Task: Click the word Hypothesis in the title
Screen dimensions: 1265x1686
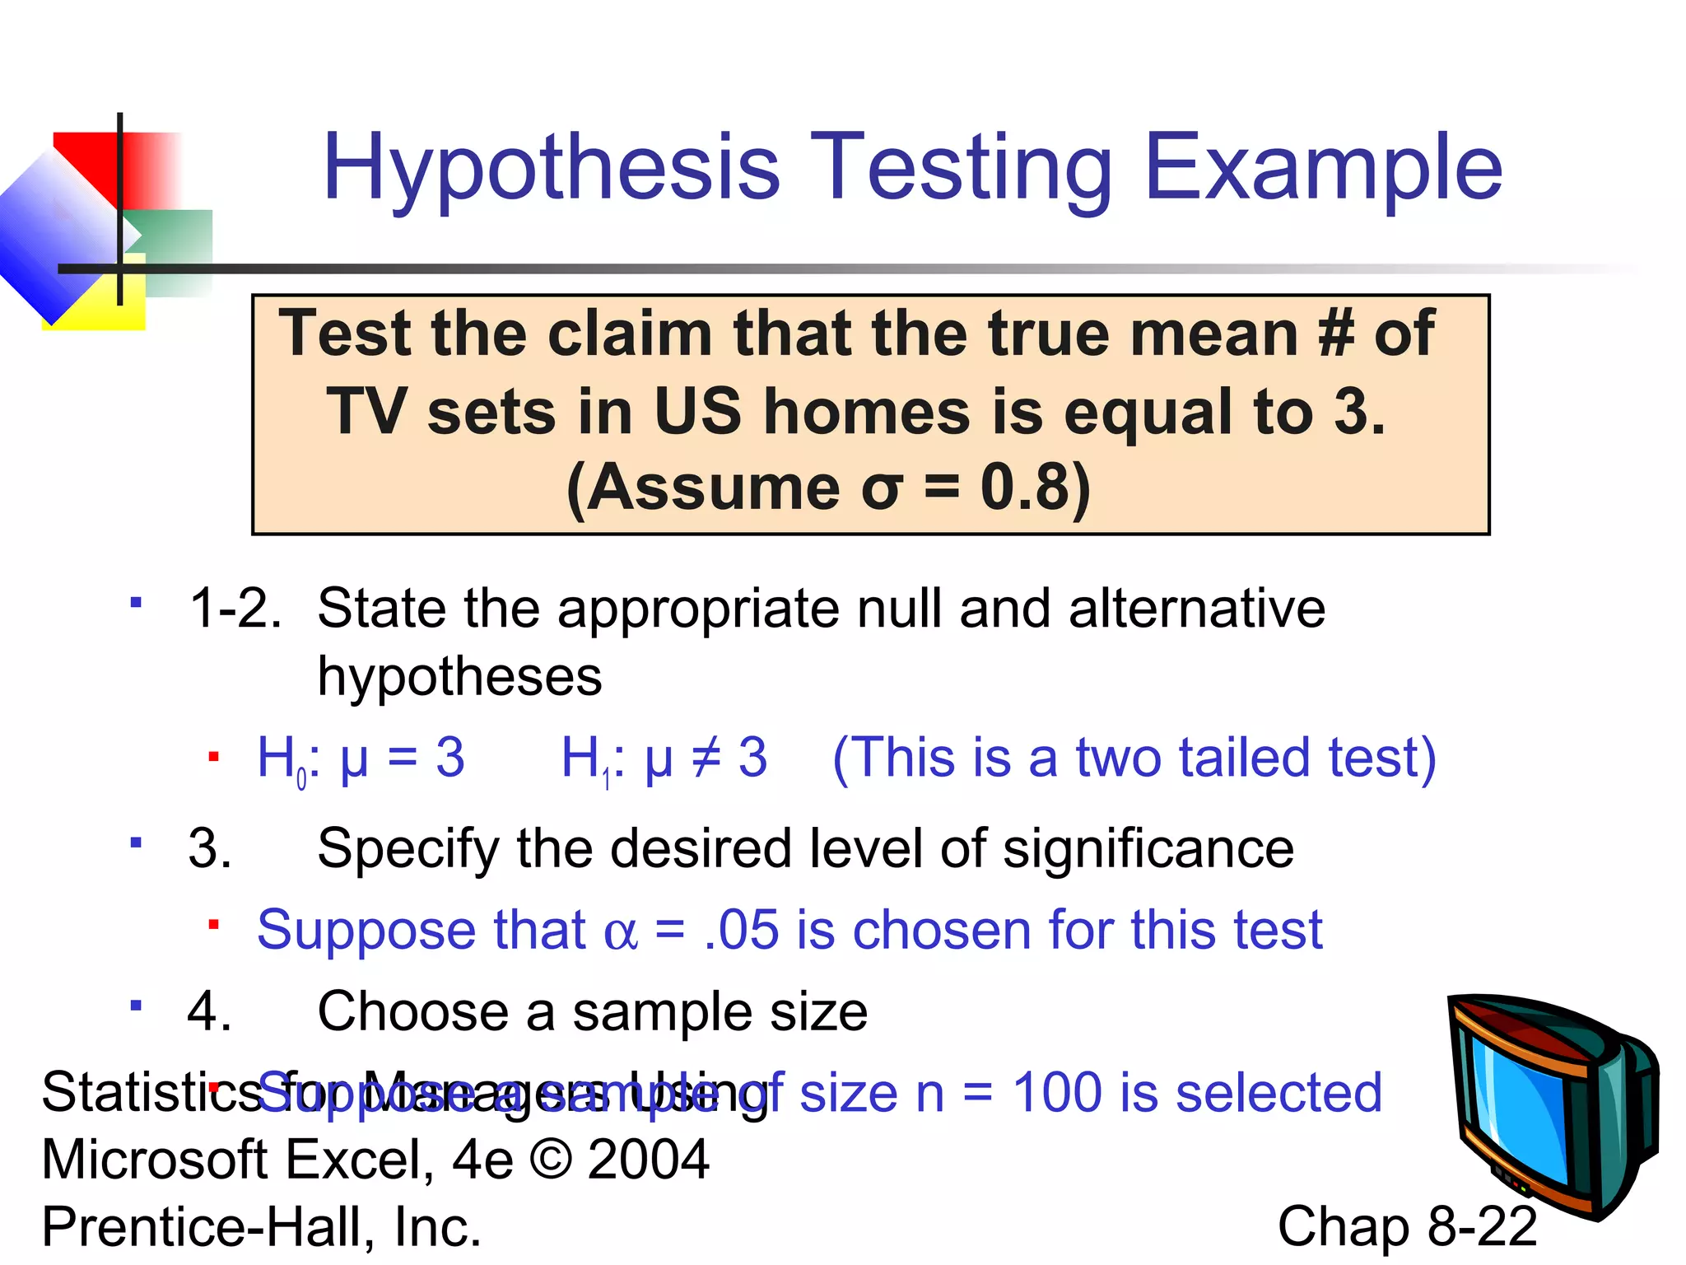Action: click(551, 169)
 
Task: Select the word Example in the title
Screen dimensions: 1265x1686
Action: click(1323, 169)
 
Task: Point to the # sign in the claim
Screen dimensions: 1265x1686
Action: click(1334, 334)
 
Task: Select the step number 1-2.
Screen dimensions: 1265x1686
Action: click(235, 609)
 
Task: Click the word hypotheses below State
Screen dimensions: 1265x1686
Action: click(459, 677)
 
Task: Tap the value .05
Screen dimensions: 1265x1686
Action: click(741, 930)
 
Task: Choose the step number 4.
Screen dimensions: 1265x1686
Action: click(209, 1011)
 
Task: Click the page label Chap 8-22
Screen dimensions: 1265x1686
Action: click(1407, 1226)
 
